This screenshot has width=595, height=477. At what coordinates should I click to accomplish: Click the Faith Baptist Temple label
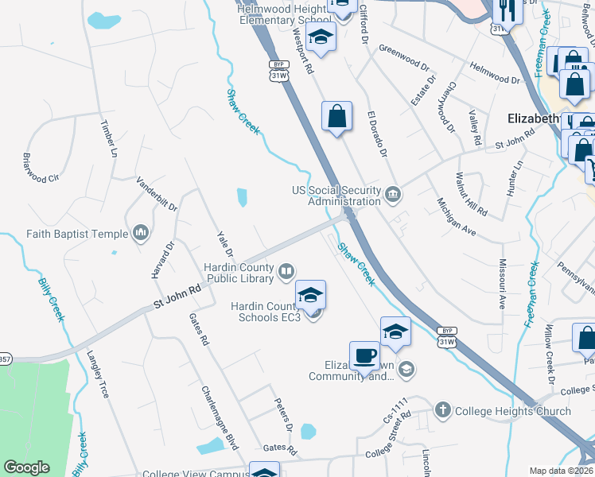coord(76,234)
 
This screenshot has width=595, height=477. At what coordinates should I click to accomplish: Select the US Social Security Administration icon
coord(394,195)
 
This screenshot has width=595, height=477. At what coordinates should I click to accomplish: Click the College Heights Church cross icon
coord(443,411)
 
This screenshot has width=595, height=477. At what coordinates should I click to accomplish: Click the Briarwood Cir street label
coord(41,167)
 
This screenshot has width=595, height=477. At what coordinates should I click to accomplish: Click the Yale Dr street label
coord(225,244)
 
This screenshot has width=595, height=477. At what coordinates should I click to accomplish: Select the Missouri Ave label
coord(502,283)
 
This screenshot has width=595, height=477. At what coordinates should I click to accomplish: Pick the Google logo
coord(26,467)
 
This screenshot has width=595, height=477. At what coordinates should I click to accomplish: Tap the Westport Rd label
coord(302,50)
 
